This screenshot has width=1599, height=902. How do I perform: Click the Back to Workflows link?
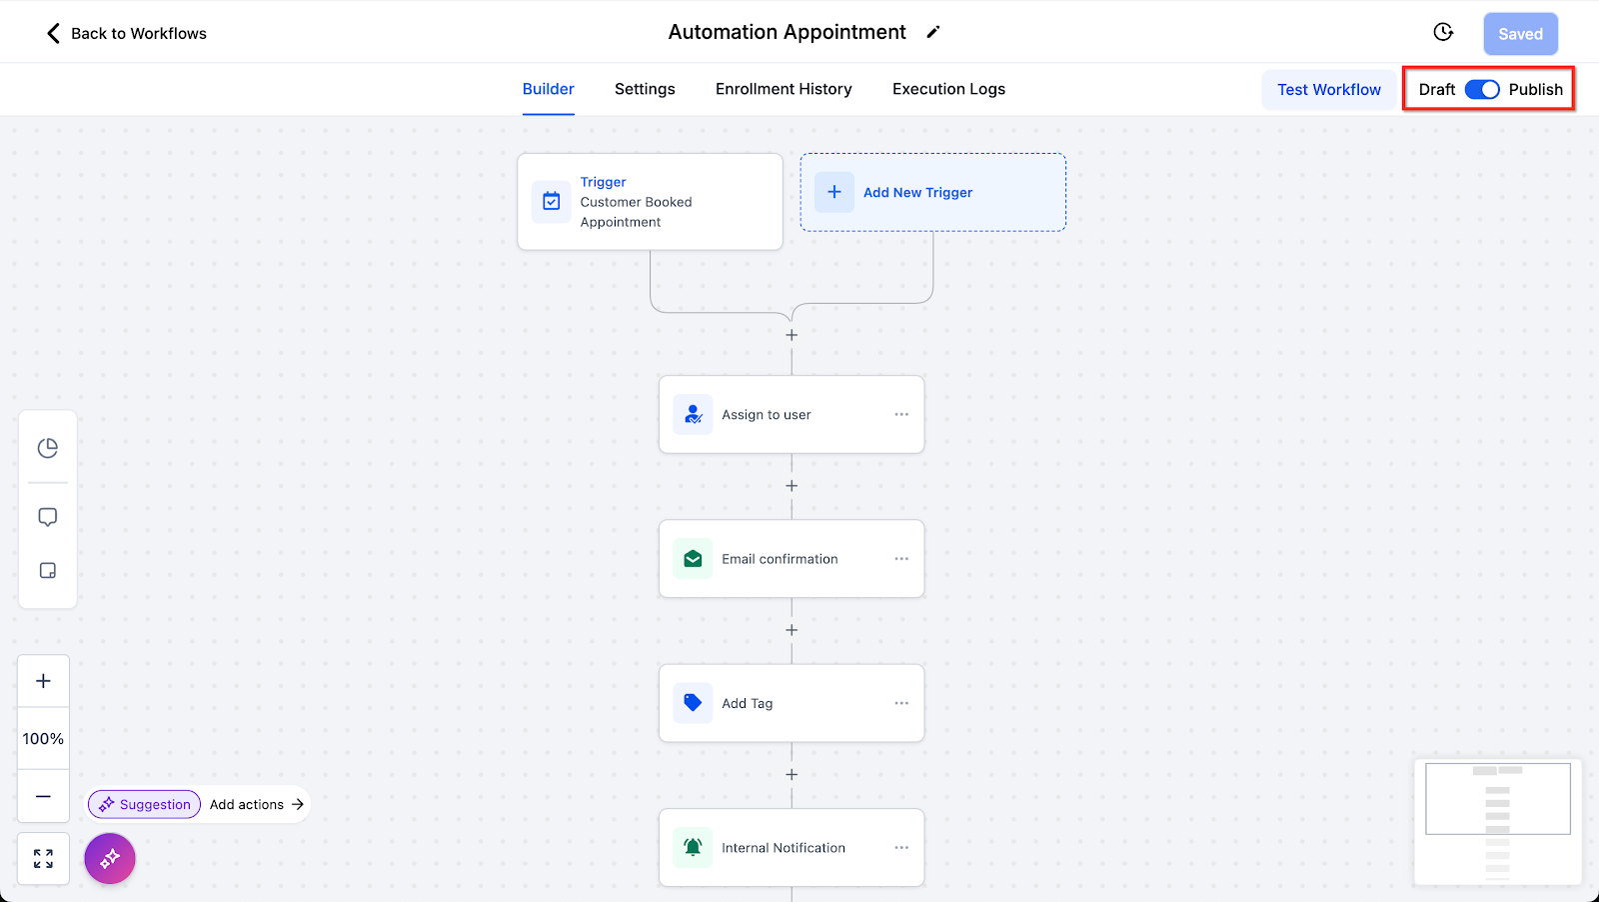click(x=127, y=33)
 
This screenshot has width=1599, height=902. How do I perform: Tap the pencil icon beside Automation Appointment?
click(x=933, y=32)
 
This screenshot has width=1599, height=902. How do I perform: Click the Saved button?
click(x=1520, y=34)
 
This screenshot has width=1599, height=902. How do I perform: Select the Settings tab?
click(x=645, y=89)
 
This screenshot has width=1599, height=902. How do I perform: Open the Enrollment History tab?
click(x=784, y=89)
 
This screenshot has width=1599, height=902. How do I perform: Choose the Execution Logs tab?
click(x=948, y=89)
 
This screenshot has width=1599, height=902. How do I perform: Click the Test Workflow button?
click(x=1328, y=90)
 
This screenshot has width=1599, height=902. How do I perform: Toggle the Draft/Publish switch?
click(x=1482, y=90)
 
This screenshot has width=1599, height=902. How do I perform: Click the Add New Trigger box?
click(x=932, y=192)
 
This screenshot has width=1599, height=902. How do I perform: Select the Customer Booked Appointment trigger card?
click(x=650, y=201)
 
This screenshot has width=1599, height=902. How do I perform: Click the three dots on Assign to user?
click(x=901, y=414)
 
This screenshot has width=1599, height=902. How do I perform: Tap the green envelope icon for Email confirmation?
click(x=693, y=559)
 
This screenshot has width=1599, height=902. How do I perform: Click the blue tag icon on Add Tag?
click(x=693, y=703)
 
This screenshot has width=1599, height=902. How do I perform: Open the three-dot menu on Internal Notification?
click(x=901, y=848)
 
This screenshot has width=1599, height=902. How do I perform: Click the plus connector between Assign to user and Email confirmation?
click(x=792, y=486)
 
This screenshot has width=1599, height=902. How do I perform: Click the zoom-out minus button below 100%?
click(x=43, y=796)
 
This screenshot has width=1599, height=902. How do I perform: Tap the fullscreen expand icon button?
click(x=43, y=859)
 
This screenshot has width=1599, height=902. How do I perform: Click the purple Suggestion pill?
click(x=145, y=804)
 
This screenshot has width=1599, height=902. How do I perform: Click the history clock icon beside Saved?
click(x=1443, y=33)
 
